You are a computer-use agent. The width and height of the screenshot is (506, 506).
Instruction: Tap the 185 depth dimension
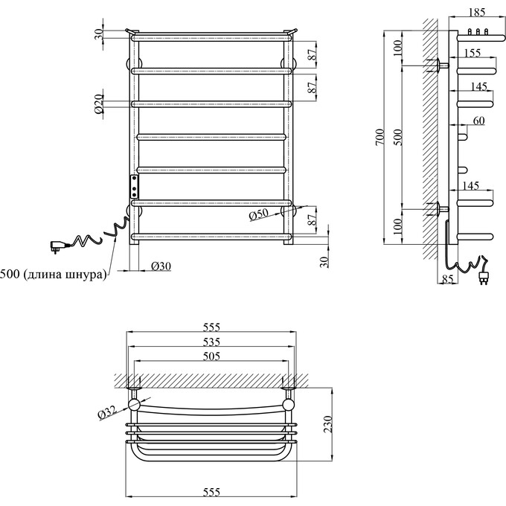pos(478,13)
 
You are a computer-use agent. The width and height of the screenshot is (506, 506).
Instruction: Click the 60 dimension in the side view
pos(478,121)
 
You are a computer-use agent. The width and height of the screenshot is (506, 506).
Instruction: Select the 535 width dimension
pos(212,342)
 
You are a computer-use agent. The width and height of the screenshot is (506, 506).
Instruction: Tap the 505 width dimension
pos(212,356)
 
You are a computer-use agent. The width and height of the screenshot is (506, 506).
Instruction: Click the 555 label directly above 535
pos(212,327)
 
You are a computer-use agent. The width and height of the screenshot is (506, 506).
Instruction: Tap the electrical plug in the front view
pos(57,244)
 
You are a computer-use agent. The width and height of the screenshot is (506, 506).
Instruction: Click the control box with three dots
pos(135,185)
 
